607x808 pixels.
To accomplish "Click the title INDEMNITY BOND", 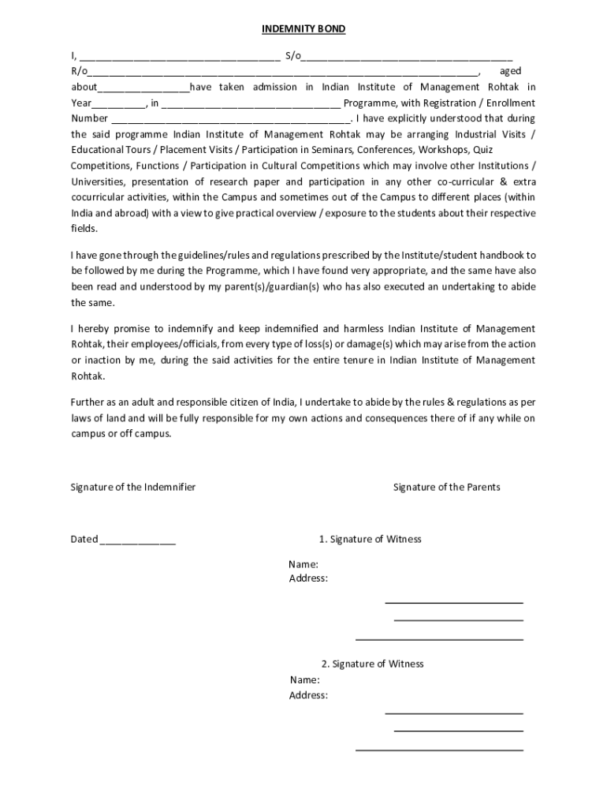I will point(303,29).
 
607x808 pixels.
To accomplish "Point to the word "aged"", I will point(510,71).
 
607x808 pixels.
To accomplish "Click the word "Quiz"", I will point(506,149).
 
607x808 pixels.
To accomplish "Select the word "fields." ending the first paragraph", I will point(85,228).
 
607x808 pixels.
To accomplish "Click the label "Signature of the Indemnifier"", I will point(133,487).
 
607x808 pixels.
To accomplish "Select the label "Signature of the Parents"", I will point(446,487).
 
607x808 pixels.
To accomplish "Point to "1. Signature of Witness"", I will point(370,539).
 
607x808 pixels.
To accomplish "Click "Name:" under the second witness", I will point(304,679).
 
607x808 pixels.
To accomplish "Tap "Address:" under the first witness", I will point(309,578).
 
